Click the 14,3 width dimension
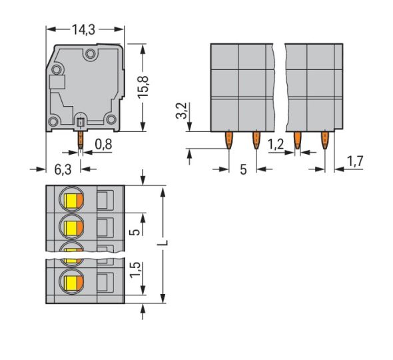click(83, 29)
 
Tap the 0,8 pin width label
click(103, 143)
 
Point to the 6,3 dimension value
click(62, 171)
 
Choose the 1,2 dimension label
click(275, 144)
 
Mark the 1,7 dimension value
click(356, 161)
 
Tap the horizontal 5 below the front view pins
click(242, 170)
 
